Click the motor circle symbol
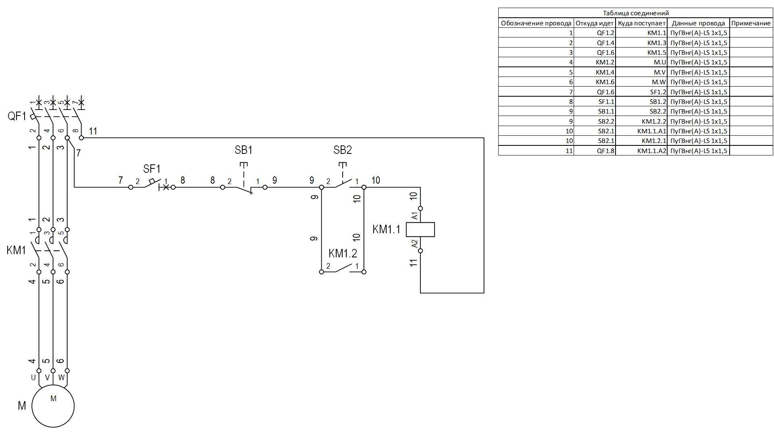[x=53, y=406]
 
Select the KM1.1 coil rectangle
[x=420, y=230]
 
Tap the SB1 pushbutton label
[x=243, y=150]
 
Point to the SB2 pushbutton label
[x=342, y=150]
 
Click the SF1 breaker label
[x=152, y=169]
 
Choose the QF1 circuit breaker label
[x=17, y=117]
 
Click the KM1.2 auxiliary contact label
[x=343, y=253]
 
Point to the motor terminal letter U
[x=33, y=378]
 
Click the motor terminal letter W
[x=61, y=378]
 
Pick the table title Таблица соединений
[x=636, y=13]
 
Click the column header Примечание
[x=751, y=23]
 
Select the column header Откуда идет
[x=595, y=23]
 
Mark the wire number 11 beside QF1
[x=93, y=131]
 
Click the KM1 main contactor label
[x=16, y=250]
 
